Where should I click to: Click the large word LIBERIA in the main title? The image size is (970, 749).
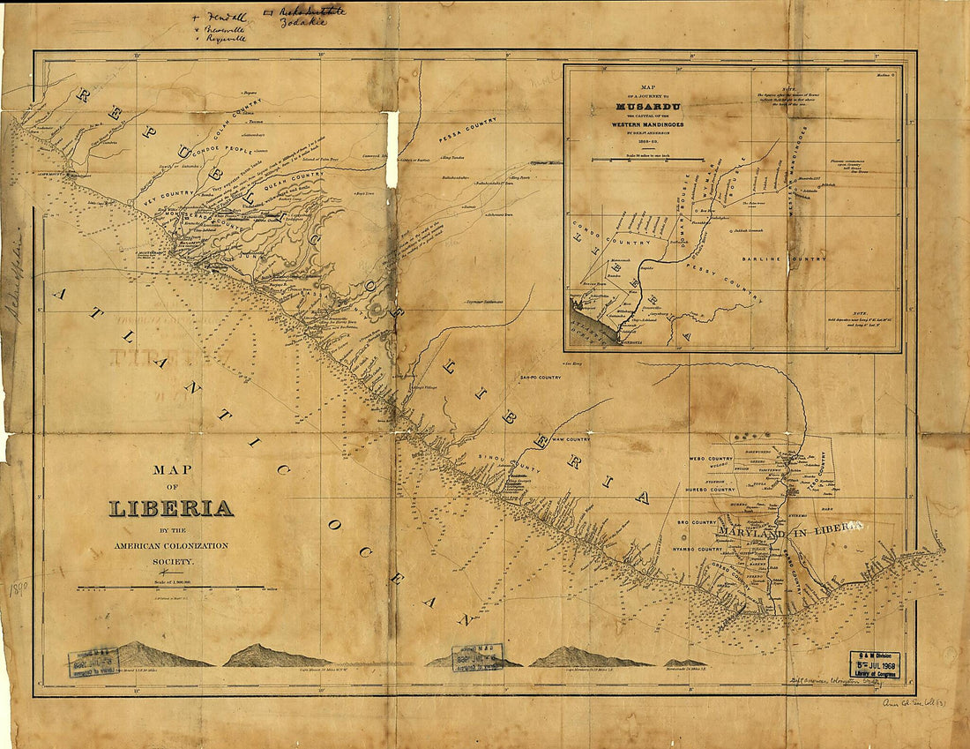coord(171,509)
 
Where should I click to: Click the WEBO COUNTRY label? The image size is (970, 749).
coord(710,459)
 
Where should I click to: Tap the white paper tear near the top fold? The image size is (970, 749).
coord(392,138)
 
